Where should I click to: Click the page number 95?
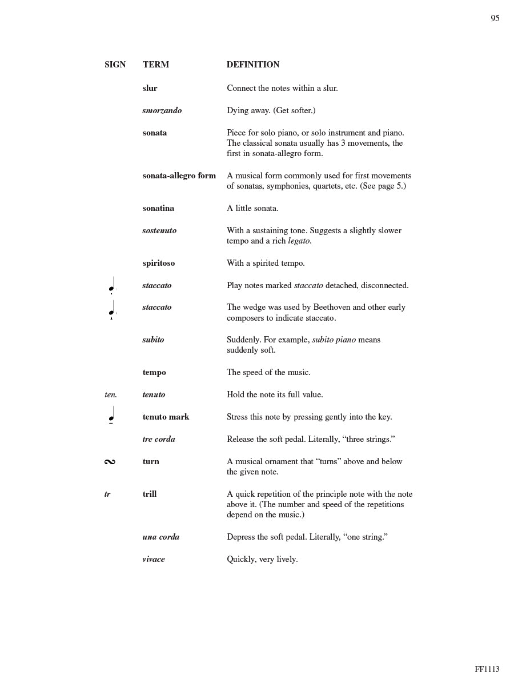pyautogui.click(x=495, y=18)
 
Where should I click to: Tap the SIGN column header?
pyautogui.click(x=115, y=65)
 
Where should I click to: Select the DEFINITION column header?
pyautogui.click(x=253, y=65)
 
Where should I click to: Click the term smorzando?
pyautogui.click(x=162, y=110)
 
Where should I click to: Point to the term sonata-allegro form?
pyautogui.click(x=179, y=176)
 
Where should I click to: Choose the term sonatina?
pyautogui.click(x=158, y=208)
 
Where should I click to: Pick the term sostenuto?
pyautogui.click(x=159, y=230)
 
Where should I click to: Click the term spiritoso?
pyautogui.click(x=159, y=263)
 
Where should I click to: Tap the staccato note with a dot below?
pyautogui.click(x=112, y=286)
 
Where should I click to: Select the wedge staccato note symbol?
pyautogui.click(x=112, y=310)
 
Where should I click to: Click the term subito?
pyautogui.click(x=153, y=340)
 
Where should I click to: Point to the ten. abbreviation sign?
pyautogui.click(x=111, y=394)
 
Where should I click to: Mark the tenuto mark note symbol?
pyautogui.click(x=112, y=416)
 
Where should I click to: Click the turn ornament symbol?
pyautogui.click(x=110, y=462)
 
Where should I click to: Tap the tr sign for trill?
pyautogui.click(x=107, y=494)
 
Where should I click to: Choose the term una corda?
pyautogui.click(x=161, y=537)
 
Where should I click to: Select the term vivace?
pyautogui.click(x=154, y=559)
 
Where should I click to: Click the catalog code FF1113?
pyautogui.click(x=487, y=669)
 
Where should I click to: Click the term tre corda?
pyautogui.click(x=159, y=439)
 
